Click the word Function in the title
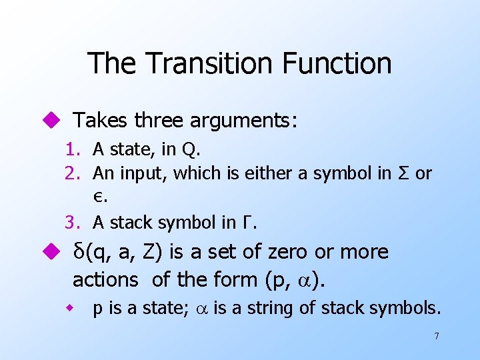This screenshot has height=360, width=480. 337,63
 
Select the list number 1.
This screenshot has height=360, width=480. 71,149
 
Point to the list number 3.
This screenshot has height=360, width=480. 71,222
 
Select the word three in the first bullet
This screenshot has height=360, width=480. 159,121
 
